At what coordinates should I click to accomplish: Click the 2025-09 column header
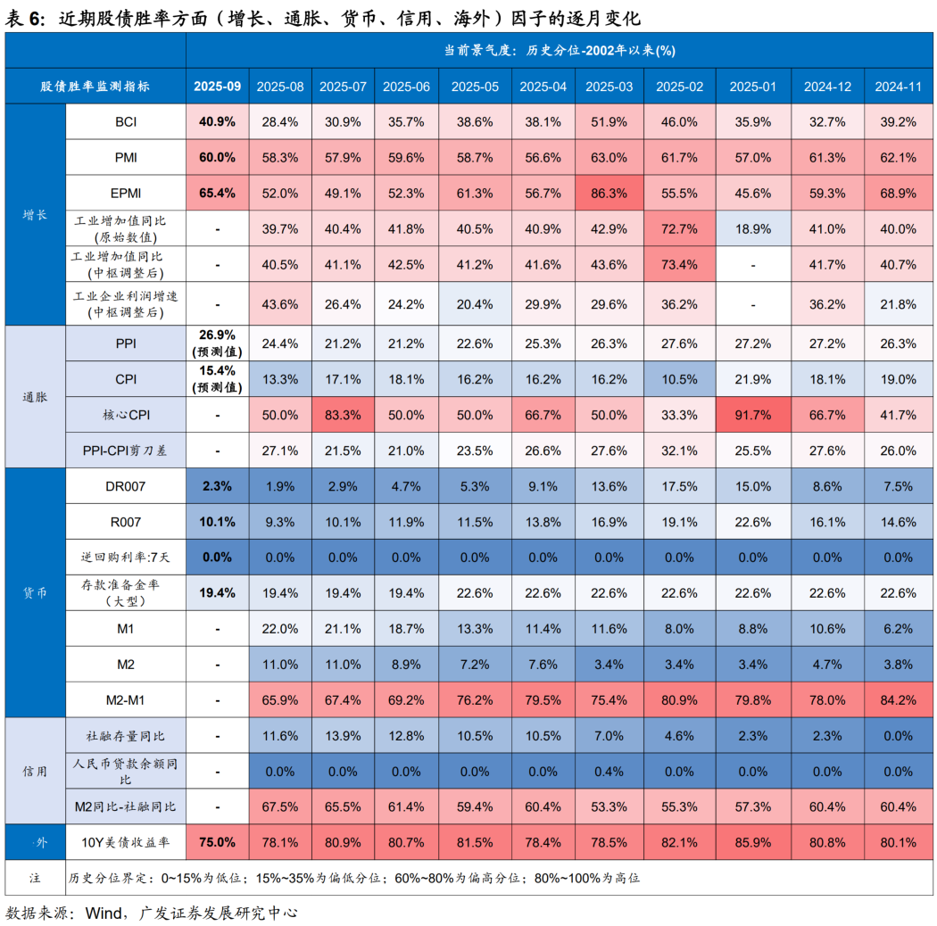(217, 87)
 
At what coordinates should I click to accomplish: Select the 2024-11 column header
(898, 87)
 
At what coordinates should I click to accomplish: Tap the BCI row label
(126, 121)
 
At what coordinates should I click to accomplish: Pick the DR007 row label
(126, 486)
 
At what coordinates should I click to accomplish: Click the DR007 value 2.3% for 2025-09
(217, 486)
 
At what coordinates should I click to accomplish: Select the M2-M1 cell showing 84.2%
(898, 699)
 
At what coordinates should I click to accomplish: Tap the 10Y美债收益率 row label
(126, 841)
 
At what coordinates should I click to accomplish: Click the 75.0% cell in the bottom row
(217, 841)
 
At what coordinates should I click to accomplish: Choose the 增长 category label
(36, 215)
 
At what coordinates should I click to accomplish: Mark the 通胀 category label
(36, 397)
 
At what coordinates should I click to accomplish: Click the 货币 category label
(36, 592)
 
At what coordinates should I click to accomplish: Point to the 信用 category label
(36, 771)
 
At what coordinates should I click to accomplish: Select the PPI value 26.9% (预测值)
(217, 343)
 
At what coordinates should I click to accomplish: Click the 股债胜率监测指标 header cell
(95, 87)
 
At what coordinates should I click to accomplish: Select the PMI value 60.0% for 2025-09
(217, 157)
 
